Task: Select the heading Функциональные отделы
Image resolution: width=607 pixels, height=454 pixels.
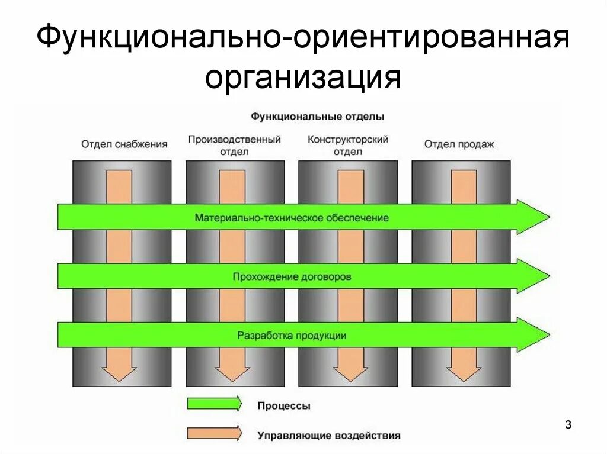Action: (317, 116)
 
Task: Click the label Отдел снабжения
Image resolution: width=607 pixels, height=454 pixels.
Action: (124, 144)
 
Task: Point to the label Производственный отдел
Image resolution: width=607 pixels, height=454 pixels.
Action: (234, 145)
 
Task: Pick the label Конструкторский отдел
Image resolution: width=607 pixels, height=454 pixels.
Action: (348, 145)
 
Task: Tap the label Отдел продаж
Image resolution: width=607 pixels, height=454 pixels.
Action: (459, 144)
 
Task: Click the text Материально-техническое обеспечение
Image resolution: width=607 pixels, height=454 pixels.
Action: (292, 218)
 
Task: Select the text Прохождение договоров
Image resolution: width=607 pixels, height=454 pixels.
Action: (292, 276)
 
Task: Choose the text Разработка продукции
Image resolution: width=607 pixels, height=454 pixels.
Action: (292, 335)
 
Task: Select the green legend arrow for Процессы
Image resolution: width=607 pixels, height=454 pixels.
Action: (214, 404)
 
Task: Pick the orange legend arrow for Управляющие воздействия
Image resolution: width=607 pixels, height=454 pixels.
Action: (214, 433)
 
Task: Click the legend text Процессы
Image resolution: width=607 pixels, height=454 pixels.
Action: (284, 406)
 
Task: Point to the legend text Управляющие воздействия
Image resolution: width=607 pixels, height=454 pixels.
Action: (329, 436)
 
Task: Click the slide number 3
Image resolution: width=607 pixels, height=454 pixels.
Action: (568, 424)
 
